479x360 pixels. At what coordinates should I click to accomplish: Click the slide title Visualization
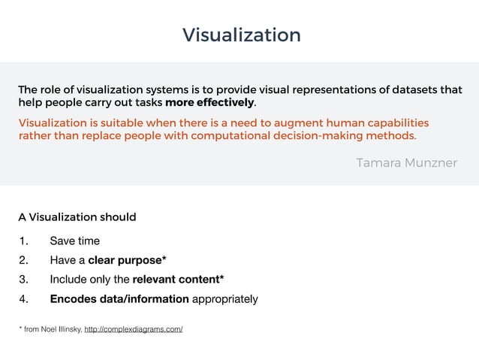tap(241, 35)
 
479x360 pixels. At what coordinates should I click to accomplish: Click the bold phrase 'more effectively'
tap(210, 102)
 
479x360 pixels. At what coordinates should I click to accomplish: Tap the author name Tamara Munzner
tap(406, 163)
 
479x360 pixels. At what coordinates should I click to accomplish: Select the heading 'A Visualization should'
tap(77, 217)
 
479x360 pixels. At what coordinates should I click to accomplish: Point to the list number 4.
tap(23, 299)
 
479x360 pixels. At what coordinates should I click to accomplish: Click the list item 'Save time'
tap(74, 241)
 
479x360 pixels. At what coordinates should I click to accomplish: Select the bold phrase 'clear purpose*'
tap(127, 261)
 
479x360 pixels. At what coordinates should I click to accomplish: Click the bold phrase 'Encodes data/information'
tap(119, 299)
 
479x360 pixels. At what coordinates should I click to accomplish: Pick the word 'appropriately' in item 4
tap(225, 299)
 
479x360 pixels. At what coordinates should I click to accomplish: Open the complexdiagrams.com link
tap(134, 330)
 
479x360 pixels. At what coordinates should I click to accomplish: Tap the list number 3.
tap(23, 280)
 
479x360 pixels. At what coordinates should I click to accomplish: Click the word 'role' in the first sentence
tap(52, 90)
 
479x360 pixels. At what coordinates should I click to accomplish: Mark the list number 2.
tap(23, 261)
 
